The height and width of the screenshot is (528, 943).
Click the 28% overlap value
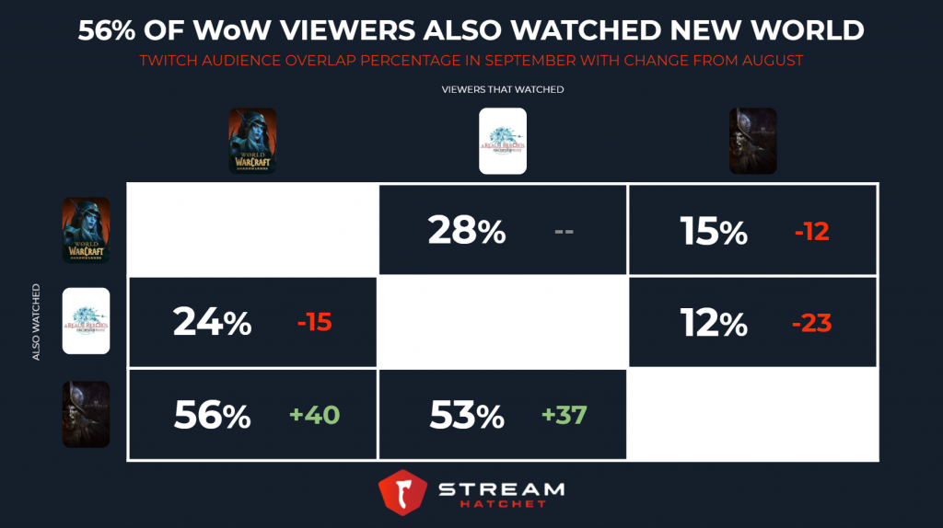pos(467,230)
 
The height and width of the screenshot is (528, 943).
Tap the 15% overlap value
pos(715,230)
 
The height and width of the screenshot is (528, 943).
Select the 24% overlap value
pos(212,323)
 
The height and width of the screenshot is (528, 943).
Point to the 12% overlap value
pos(715,323)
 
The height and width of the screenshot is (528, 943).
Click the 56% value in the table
pos(212,416)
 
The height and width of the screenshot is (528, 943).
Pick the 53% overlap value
pos(467,416)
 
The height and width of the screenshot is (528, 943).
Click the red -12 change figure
pos(811,231)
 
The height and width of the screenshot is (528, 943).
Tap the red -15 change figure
pos(313,323)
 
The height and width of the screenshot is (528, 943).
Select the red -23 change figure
pos(811,324)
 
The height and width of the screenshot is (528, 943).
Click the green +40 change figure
pos(314,416)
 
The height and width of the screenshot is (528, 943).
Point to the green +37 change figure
pos(565,416)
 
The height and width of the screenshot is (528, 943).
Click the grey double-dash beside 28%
pos(565,231)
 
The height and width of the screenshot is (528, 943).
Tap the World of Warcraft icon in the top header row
pos(252,141)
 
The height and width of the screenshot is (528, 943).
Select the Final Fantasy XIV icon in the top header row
pos(503,141)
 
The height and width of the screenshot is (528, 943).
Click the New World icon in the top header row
pos(752,141)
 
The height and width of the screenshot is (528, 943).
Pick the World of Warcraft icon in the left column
pos(86,230)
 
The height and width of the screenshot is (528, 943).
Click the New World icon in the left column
pos(86,415)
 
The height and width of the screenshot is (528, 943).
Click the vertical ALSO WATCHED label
pos(37,322)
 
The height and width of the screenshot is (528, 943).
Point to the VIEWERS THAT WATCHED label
pos(503,89)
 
